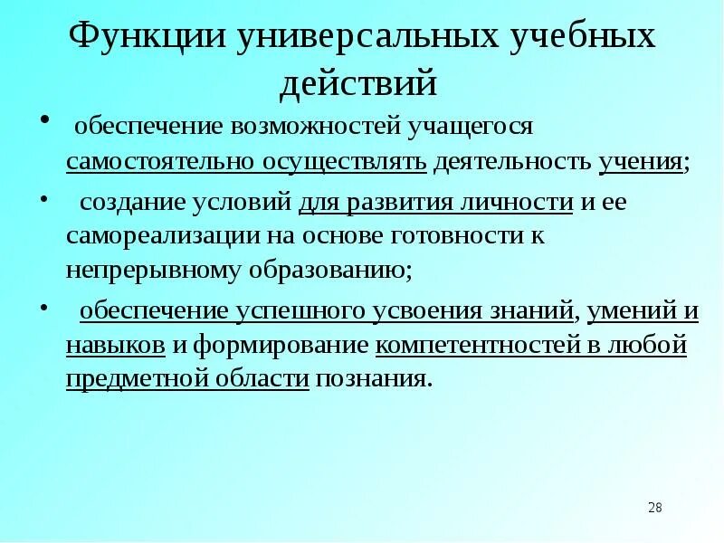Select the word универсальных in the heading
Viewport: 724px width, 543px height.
(x=362, y=37)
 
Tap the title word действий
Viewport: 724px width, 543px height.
(x=358, y=83)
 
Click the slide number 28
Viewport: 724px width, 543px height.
(x=655, y=508)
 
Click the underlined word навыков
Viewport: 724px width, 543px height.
(x=116, y=345)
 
